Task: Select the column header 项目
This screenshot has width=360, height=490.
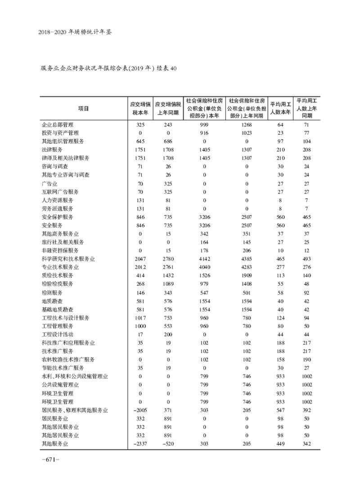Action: [83, 109]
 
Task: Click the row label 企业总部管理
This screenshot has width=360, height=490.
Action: [57, 124]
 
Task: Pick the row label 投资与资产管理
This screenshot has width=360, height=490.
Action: [60, 133]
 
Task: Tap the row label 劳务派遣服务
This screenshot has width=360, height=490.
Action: [57, 209]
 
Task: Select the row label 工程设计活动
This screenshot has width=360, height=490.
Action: [57, 334]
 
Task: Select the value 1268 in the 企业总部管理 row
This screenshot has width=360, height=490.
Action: [247, 124]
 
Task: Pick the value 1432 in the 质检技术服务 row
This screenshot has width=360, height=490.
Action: [168, 276]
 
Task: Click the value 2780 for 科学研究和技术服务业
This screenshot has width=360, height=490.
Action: [168, 259]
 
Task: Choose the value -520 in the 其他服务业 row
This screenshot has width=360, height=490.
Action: [168, 444]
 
